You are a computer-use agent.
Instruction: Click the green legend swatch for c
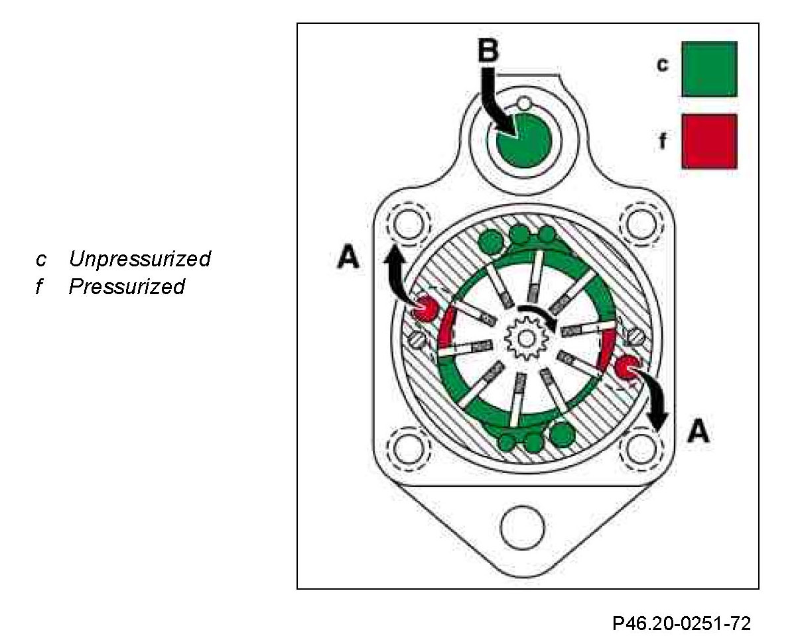(x=708, y=69)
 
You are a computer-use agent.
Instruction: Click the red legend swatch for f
(x=708, y=140)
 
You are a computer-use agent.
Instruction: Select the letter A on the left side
(x=348, y=257)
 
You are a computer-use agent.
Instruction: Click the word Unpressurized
(x=139, y=258)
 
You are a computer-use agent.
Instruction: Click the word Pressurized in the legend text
(x=126, y=287)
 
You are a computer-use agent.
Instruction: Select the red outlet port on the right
(x=626, y=368)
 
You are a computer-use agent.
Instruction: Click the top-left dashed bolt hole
(x=407, y=222)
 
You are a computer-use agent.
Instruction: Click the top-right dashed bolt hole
(x=641, y=222)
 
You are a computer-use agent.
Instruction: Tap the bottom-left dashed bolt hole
(x=407, y=449)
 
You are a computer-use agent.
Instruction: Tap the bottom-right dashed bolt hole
(x=641, y=449)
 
